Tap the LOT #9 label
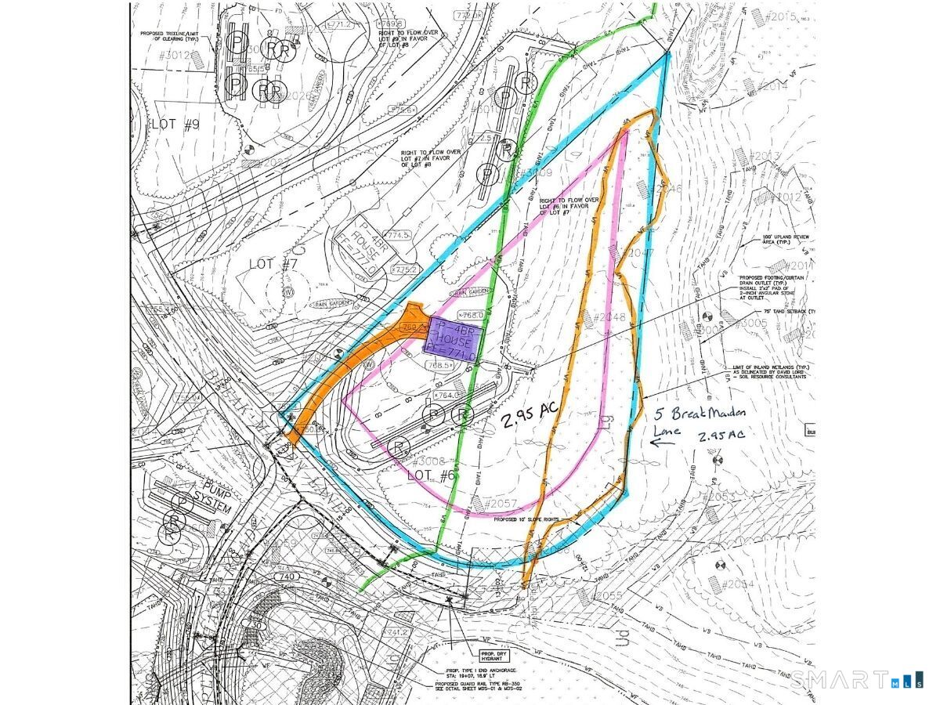pyautogui.click(x=175, y=124)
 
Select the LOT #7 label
pyautogui.click(x=263, y=263)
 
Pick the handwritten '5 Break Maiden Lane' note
pyautogui.click(x=700, y=420)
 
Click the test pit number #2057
pyautogui.click(x=502, y=503)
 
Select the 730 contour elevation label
pyautogui.click(x=255, y=626)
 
